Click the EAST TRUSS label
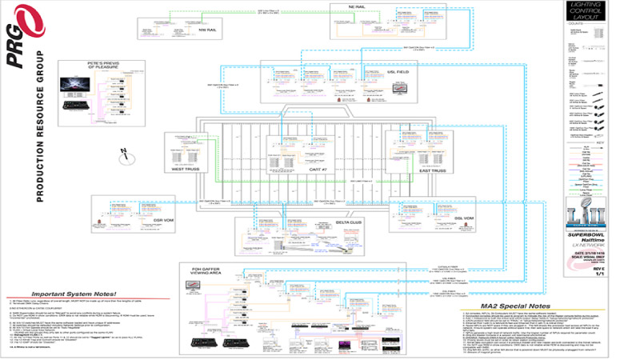click(414, 170)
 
